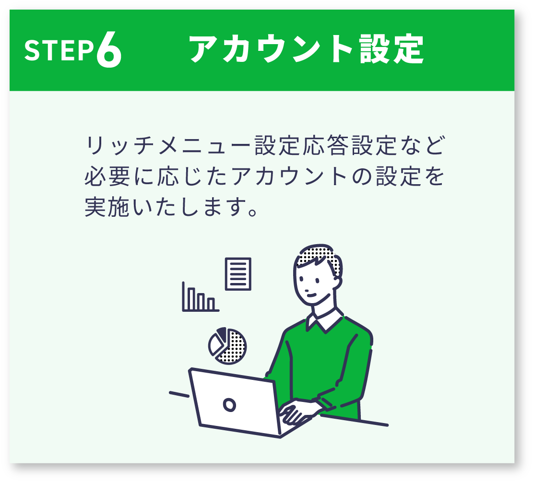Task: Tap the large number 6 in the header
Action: pyautogui.click(x=108, y=49)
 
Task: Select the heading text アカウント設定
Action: pyautogui.click(x=307, y=49)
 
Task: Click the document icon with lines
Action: pyautogui.click(x=238, y=274)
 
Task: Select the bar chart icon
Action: pyautogui.click(x=200, y=297)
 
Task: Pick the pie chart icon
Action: pyautogui.click(x=227, y=346)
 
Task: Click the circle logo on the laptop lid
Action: pyautogui.click(x=229, y=405)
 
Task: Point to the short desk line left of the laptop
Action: pyautogui.click(x=179, y=394)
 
